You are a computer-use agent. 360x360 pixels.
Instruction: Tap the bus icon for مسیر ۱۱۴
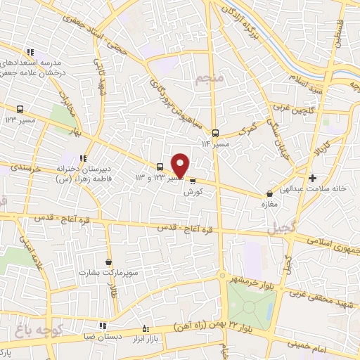215,133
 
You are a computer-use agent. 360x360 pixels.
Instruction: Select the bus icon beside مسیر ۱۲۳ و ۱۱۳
161,167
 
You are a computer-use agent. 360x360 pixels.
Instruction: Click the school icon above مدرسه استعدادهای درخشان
30,52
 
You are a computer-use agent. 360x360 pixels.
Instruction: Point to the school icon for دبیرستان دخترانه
83,158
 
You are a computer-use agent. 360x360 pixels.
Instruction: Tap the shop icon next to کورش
193,180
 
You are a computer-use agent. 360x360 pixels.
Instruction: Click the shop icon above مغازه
269,195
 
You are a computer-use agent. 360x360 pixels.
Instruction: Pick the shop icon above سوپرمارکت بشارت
108,262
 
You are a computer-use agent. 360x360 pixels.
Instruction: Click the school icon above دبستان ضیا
103,326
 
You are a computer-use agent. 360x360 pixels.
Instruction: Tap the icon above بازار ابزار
146,328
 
